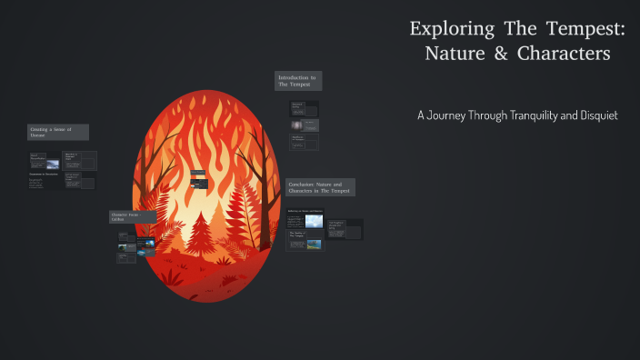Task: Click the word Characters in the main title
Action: [564, 54]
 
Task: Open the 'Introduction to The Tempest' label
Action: [298, 81]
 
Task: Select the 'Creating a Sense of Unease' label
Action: [57, 132]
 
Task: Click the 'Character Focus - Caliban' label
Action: [132, 216]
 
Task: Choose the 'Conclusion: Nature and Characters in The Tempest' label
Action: [320, 187]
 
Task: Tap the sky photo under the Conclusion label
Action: [314, 221]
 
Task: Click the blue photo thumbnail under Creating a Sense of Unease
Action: [53, 165]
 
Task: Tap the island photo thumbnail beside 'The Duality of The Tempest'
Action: [314, 244]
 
